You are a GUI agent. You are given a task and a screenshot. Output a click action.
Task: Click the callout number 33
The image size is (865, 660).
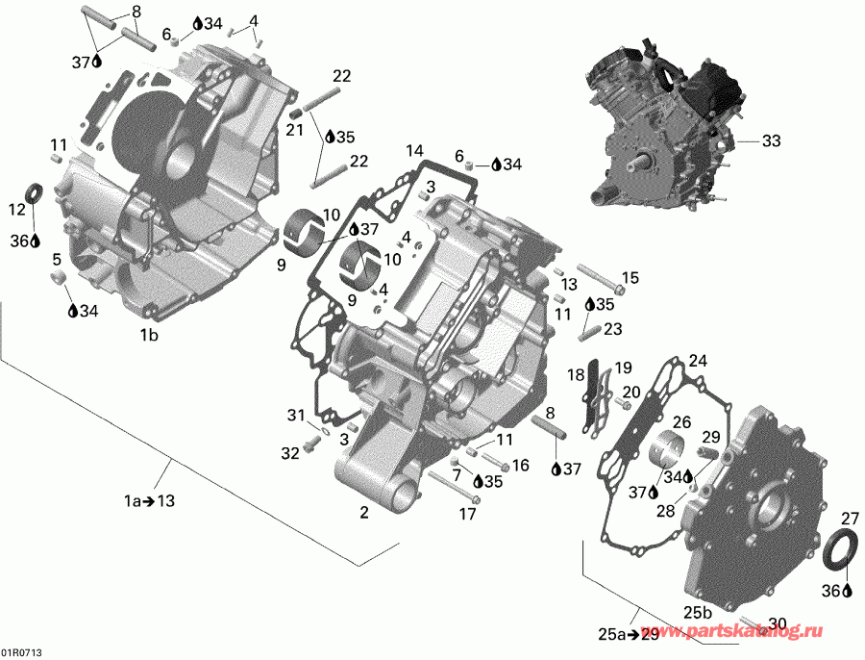click(772, 140)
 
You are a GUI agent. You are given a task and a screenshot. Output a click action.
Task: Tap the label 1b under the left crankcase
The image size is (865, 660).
click(149, 335)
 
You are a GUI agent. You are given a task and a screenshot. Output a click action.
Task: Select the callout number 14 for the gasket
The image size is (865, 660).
click(413, 151)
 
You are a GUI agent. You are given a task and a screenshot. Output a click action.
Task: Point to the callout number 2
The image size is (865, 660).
click(364, 513)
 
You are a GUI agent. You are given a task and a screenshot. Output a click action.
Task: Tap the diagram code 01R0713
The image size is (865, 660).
click(21, 652)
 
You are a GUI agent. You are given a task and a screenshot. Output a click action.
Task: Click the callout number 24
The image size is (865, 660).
click(697, 362)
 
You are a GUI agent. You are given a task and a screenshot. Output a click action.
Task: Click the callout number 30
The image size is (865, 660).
click(778, 622)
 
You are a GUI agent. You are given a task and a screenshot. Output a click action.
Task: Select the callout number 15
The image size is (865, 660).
click(630, 278)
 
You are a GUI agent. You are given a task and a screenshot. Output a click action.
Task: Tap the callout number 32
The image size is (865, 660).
click(290, 453)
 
